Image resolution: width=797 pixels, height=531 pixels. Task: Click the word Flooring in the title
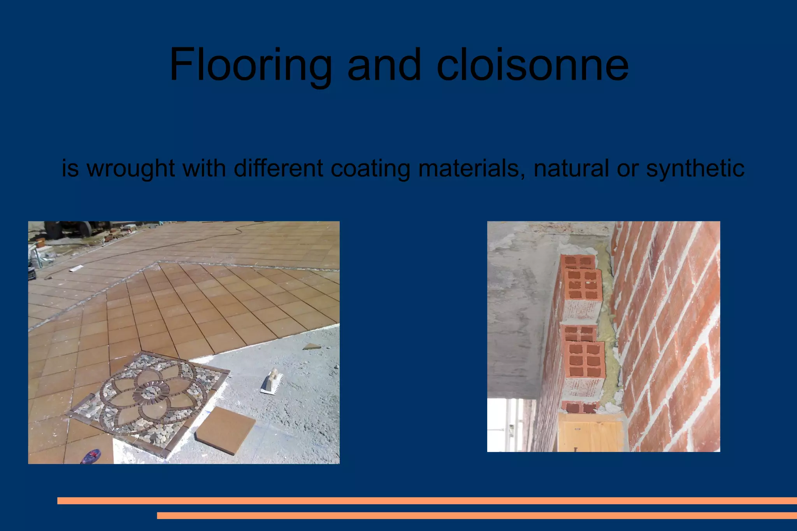(x=250, y=65)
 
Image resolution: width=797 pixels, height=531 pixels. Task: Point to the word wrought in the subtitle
(x=130, y=168)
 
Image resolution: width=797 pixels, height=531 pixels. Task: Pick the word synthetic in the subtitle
(x=695, y=168)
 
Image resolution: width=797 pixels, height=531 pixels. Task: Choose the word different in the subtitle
(x=278, y=168)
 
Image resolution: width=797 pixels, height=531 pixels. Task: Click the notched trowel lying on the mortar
(x=272, y=382)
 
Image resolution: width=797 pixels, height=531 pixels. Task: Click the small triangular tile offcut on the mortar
(x=311, y=346)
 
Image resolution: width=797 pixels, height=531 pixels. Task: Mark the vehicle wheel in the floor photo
(x=54, y=229)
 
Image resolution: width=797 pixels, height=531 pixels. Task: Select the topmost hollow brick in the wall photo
(x=579, y=261)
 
